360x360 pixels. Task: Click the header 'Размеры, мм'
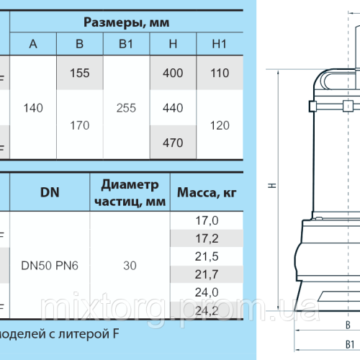tap(126, 22)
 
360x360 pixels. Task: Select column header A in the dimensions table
tap(33, 45)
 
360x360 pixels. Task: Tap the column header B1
tap(126, 45)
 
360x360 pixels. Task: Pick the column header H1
tap(220, 45)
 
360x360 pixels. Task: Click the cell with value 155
tap(79, 73)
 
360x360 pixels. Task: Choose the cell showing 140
tap(33, 108)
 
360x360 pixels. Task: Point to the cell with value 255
tap(126, 108)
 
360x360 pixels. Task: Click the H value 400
tap(173, 73)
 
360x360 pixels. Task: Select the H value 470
tap(173, 143)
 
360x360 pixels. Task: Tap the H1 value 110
tap(220, 73)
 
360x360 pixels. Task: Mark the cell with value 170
tap(79, 125)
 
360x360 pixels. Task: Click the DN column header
tap(49, 192)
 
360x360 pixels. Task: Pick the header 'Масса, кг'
tap(202, 193)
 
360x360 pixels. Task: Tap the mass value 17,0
tap(202, 220)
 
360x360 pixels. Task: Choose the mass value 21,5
tap(202, 256)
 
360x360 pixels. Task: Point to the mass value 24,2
tap(202, 310)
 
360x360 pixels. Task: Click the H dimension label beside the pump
tap(271, 186)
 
